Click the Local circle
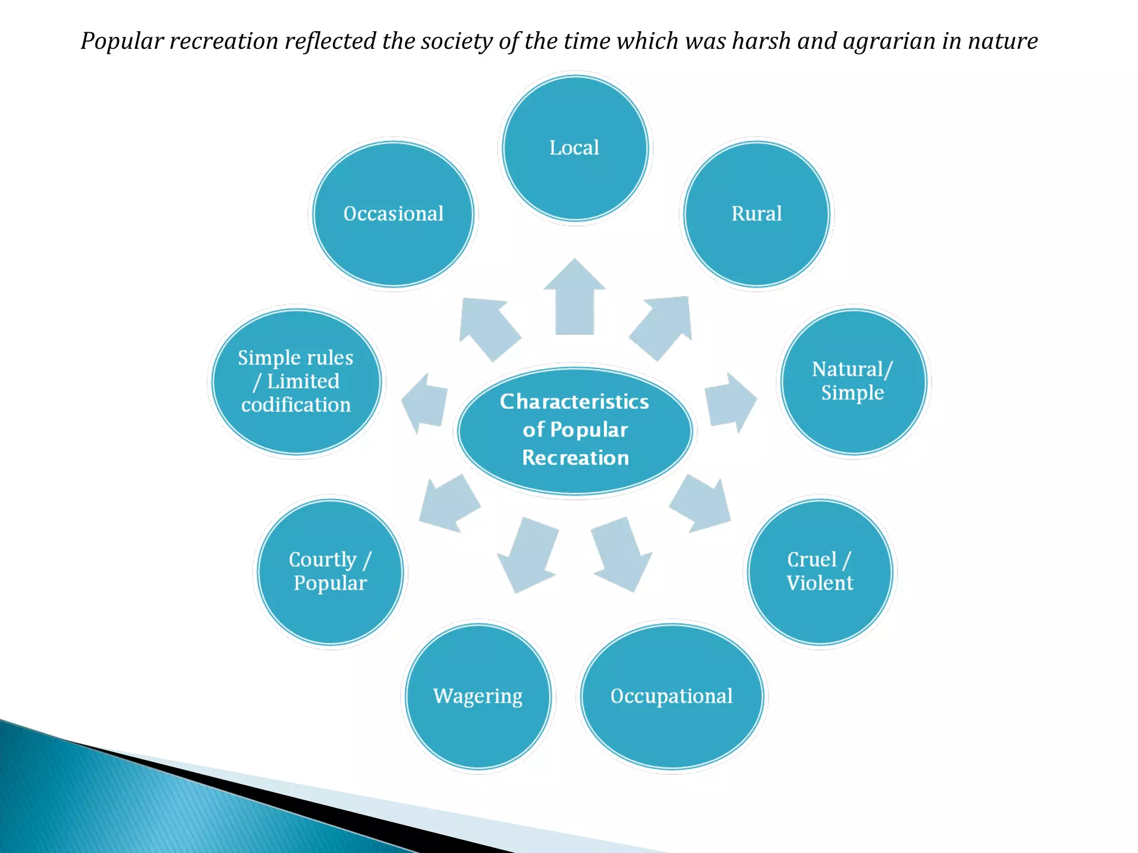(x=575, y=148)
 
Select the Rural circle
(x=756, y=214)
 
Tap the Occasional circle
(x=393, y=214)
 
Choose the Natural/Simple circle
(x=853, y=382)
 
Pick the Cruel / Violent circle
(x=820, y=571)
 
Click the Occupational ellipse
(x=672, y=696)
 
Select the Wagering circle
(x=478, y=696)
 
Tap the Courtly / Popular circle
(x=330, y=571)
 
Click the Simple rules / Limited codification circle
(x=296, y=382)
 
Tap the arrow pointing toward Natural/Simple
(x=730, y=402)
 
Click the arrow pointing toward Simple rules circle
(x=426, y=402)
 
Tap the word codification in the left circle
(x=296, y=405)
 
